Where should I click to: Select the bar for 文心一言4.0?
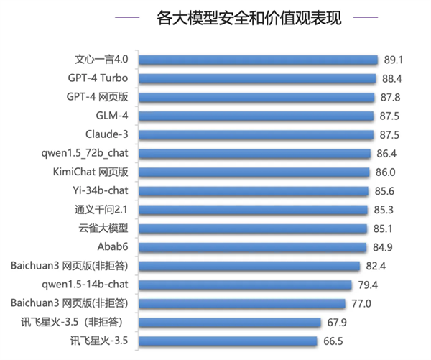[258, 60]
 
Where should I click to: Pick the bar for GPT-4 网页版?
[256, 97]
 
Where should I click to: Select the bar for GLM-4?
[256, 116]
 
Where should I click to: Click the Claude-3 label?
[107, 134]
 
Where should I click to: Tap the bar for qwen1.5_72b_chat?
[254, 153]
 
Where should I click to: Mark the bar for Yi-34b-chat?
[253, 191]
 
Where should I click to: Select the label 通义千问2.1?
[102, 210]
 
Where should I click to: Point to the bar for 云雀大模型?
[252, 229]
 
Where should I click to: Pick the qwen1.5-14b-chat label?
[89, 285]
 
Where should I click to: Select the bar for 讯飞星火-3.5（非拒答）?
[229, 322]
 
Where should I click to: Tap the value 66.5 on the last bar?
[331, 341]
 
